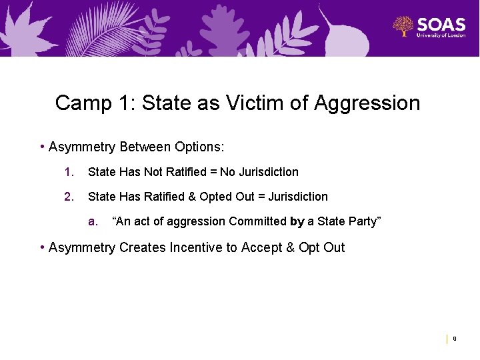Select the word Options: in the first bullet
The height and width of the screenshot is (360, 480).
199,146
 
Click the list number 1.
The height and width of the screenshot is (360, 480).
68,172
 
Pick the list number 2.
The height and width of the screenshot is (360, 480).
68,197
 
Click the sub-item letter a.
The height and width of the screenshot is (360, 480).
93,221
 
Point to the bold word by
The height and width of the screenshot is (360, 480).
297,221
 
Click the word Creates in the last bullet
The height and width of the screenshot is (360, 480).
142,247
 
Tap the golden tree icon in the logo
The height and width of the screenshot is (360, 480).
403,27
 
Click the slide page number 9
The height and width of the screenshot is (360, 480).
455,339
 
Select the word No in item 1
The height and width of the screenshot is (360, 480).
227,172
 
